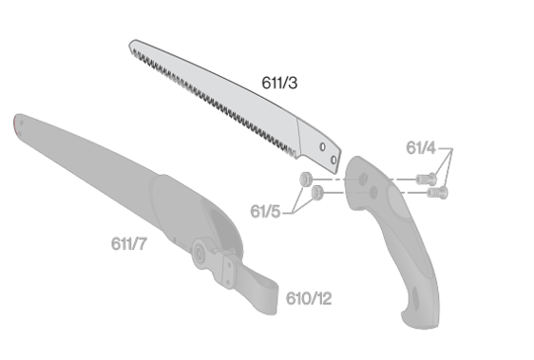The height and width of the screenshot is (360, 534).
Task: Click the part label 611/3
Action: [279, 83]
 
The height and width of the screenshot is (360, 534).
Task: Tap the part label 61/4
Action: [421, 148]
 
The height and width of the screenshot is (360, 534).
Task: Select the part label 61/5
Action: [265, 211]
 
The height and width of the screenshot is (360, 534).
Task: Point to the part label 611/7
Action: [129, 243]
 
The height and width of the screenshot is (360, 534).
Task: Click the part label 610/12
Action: [309, 298]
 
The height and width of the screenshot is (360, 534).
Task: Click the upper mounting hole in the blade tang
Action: [322, 147]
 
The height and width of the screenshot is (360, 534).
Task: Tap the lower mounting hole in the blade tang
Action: [334, 160]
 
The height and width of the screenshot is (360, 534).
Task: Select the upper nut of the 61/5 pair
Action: [306, 179]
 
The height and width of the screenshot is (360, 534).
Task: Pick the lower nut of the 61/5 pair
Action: [317, 193]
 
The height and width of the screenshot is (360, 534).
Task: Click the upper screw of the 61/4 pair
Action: [426, 179]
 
